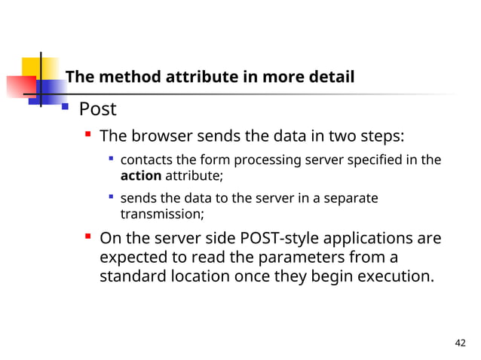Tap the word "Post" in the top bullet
[x=98, y=109]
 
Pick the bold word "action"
[x=141, y=175]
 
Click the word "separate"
[x=352, y=198]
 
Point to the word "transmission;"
[x=162, y=214]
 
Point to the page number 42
[x=461, y=343]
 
